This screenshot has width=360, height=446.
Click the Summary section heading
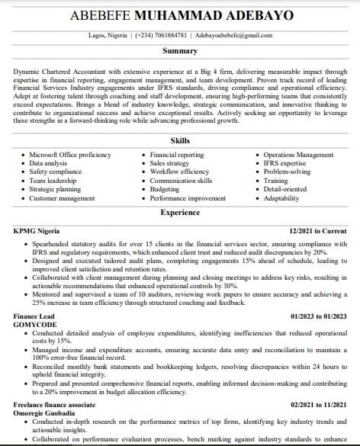[180, 51]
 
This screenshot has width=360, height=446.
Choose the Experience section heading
[180, 213]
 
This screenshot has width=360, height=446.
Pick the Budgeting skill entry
[165, 191]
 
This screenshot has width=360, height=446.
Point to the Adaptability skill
[281, 198]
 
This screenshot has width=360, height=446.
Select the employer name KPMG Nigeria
[37, 229]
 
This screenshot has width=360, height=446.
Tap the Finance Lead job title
[35, 316]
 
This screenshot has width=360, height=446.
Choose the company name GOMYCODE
[36, 324]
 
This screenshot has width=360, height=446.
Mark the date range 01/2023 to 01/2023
[319, 316]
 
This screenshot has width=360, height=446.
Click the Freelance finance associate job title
[57, 406]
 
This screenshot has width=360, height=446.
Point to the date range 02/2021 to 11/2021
[319, 406]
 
